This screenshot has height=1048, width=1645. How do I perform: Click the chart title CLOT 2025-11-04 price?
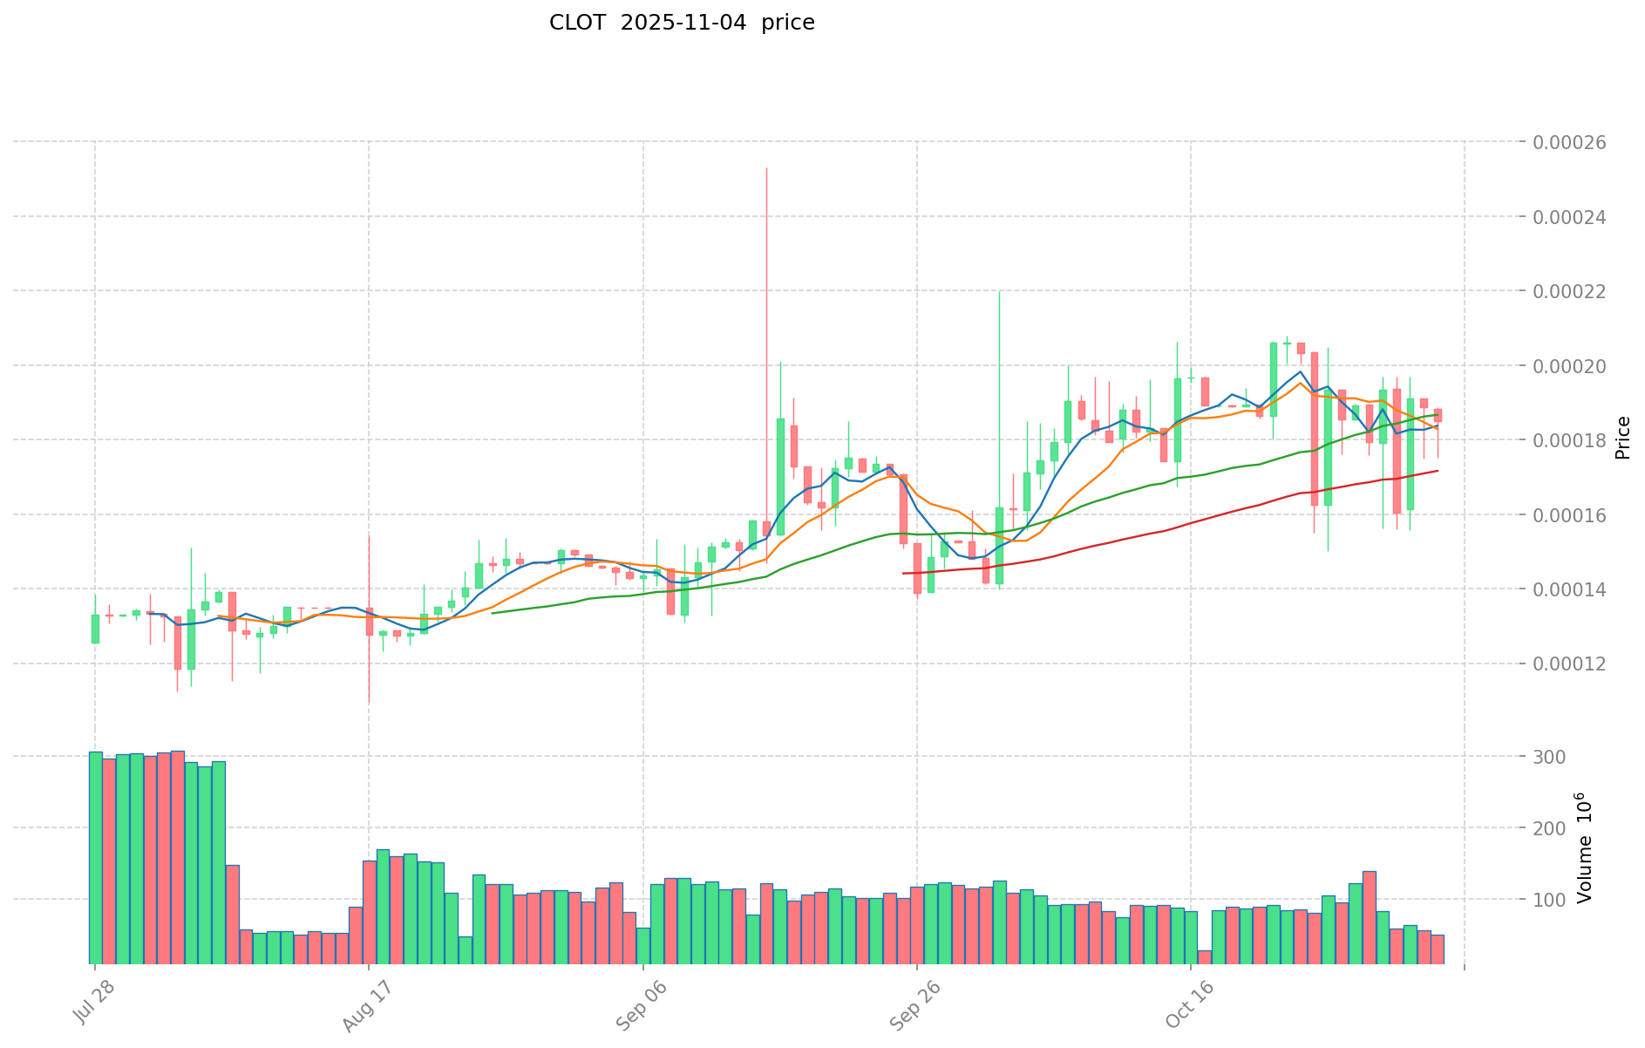[x=682, y=23]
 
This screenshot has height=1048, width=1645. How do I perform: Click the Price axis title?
[x=1622, y=438]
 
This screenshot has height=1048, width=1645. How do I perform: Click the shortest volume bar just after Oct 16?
[x=1204, y=956]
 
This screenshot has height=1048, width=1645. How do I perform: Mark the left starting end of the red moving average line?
[x=903, y=573]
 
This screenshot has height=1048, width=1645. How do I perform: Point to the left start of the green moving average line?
[x=493, y=613]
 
